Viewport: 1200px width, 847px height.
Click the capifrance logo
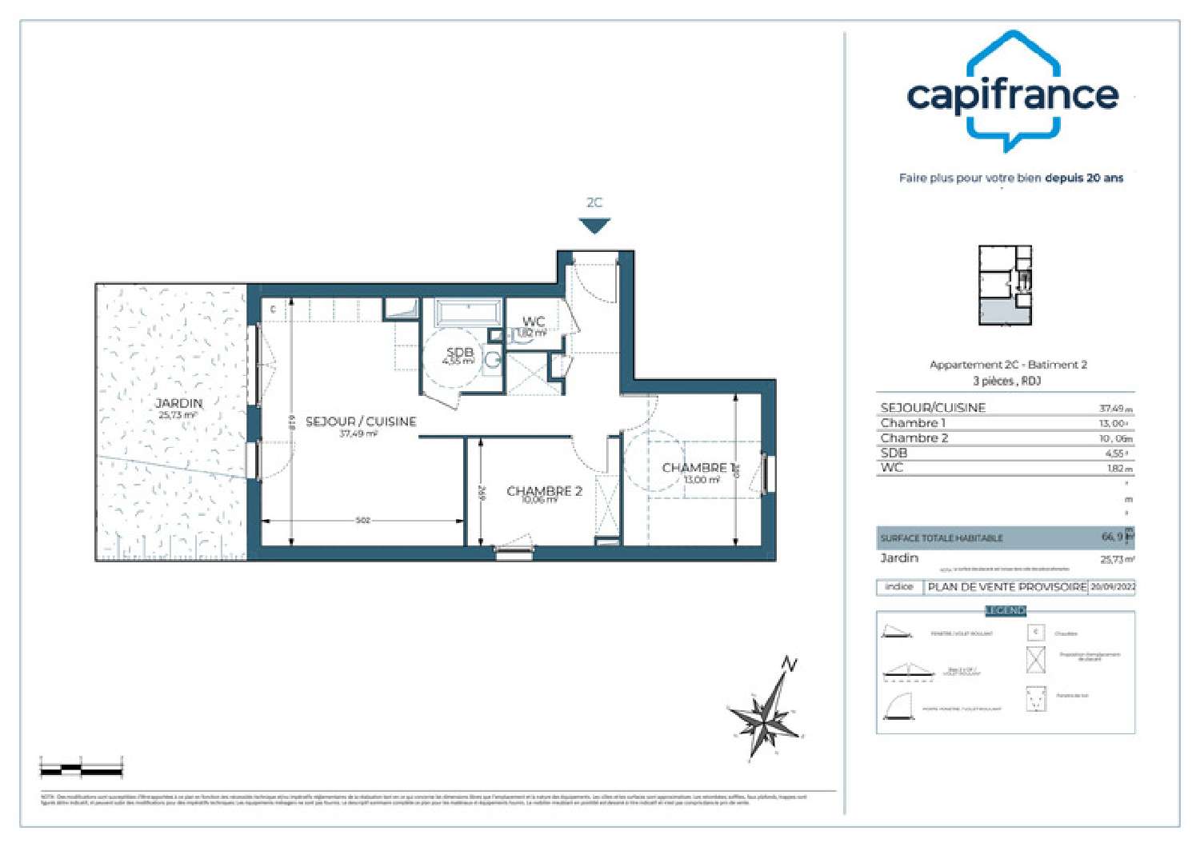(1012, 93)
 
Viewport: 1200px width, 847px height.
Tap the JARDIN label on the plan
(178, 404)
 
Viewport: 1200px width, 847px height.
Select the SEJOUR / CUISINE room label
(361, 422)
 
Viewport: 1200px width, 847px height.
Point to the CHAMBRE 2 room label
(544, 491)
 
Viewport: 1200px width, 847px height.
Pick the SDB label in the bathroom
(460, 353)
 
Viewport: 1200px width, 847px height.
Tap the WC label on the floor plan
(534, 322)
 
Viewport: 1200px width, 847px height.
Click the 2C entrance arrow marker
(594, 226)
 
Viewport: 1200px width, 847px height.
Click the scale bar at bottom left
(81, 769)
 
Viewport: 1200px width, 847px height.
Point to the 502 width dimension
(362, 521)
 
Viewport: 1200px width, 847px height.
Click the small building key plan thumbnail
(1006, 286)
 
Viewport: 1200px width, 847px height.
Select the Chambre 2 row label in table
(914, 438)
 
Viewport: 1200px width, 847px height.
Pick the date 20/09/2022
(1112, 587)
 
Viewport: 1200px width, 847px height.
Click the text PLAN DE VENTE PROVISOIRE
(1006, 587)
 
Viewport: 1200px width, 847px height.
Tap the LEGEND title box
(1005, 611)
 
